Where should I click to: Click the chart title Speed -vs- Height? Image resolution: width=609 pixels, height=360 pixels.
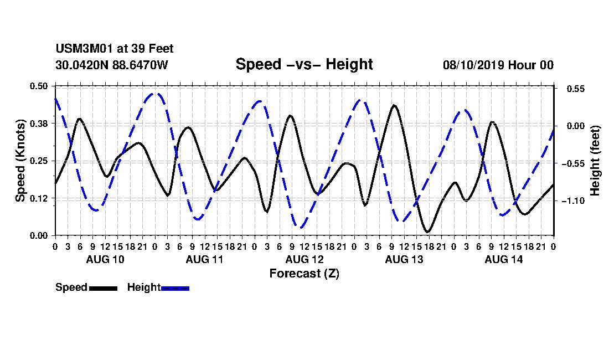[x=304, y=64]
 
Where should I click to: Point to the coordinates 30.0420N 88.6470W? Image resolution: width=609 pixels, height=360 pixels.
[x=112, y=65]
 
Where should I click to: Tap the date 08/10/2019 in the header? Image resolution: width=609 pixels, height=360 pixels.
[x=473, y=65]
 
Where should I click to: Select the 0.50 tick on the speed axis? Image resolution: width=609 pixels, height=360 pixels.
[x=39, y=86]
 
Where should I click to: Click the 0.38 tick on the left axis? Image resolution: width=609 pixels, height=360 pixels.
[x=39, y=124]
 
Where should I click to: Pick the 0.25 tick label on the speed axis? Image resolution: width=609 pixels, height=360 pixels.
[x=39, y=161]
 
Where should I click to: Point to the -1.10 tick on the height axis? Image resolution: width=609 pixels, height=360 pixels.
[x=573, y=201]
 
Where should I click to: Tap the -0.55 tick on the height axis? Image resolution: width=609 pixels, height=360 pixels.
[x=573, y=163]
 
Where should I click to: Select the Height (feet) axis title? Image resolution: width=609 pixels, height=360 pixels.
[x=595, y=161]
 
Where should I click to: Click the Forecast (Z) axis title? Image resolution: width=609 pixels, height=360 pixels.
[x=304, y=274]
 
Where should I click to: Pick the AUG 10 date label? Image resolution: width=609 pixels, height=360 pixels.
[x=105, y=259]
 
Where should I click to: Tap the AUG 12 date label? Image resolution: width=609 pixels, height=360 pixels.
[x=304, y=259]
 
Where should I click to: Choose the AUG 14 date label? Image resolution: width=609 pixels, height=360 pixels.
[x=504, y=259]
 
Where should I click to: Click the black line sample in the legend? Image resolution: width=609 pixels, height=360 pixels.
[x=104, y=288]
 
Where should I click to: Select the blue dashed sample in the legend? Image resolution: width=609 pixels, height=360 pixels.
[x=175, y=288]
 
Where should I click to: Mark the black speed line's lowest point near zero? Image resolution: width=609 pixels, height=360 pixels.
[x=427, y=232]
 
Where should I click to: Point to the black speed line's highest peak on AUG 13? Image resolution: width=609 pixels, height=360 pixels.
[x=394, y=105]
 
